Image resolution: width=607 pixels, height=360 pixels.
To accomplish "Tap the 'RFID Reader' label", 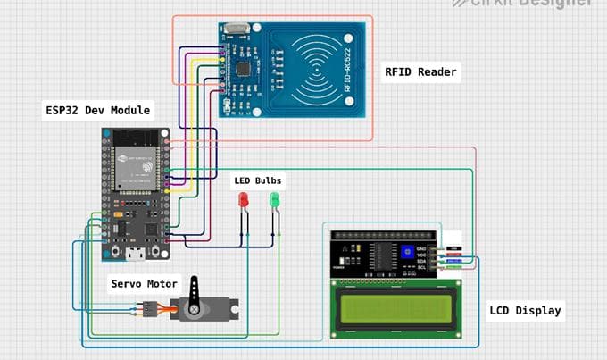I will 420,72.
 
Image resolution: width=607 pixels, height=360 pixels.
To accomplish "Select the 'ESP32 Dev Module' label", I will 98,111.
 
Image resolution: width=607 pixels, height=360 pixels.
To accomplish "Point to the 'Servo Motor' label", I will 144,284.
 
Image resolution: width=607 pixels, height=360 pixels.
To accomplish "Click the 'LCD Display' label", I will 525,311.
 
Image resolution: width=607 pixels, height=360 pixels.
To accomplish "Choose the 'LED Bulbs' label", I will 257,180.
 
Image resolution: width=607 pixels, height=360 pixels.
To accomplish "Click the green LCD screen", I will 395,310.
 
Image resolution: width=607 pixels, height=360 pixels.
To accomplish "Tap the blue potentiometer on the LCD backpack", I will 407,253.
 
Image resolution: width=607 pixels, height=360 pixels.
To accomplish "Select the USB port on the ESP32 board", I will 134,254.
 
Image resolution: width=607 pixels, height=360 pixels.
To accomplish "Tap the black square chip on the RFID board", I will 244,67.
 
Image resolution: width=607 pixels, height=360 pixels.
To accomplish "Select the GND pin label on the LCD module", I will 422,246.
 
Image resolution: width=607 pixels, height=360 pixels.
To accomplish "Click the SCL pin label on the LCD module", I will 422,267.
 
